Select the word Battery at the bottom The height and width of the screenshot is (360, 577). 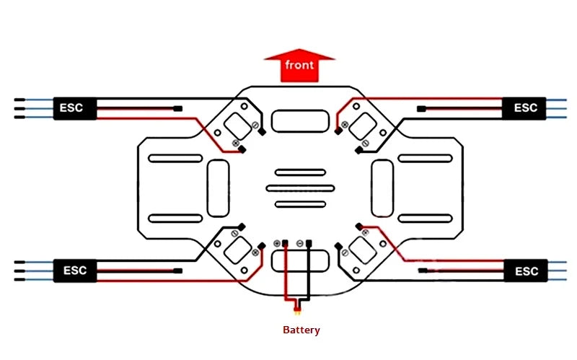(x=301, y=330)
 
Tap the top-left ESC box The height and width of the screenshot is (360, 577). (x=73, y=108)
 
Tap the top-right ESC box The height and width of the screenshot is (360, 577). (x=526, y=108)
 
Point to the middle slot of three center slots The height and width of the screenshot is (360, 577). (x=300, y=188)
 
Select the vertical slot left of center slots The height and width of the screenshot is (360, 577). (x=218, y=188)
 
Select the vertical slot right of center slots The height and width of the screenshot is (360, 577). (x=382, y=188)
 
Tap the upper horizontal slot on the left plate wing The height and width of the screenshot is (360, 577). (x=174, y=158)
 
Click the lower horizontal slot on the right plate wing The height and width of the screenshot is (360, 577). (x=425, y=219)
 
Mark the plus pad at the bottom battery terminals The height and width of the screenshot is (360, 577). (x=278, y=243)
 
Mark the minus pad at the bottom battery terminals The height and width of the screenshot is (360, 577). (x=299, y=243)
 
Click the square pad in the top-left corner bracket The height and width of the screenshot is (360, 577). (x=237, y=126)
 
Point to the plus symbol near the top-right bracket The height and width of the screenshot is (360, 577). (x=345, y=125)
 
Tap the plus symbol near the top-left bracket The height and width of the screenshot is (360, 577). (x=235, y=144)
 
